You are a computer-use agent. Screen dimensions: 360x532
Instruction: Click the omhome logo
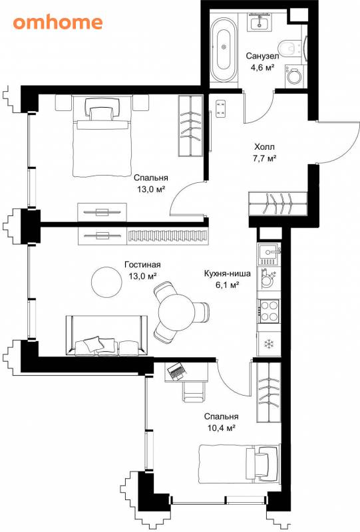58,23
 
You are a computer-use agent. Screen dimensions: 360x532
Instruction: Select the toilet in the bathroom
289,48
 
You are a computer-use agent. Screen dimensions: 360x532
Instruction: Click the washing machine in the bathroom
293,74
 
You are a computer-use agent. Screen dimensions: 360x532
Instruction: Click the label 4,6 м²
262,68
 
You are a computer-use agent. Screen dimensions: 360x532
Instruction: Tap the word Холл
264,147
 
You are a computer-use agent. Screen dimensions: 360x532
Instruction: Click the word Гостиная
142,265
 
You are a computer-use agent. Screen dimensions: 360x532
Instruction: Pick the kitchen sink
269,254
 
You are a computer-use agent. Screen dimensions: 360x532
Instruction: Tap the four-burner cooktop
269,311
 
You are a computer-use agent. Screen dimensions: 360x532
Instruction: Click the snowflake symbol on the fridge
269,344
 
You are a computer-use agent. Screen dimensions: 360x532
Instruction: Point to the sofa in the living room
106,336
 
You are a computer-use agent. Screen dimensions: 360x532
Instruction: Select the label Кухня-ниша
228,273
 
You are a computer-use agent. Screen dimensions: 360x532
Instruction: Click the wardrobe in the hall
277,203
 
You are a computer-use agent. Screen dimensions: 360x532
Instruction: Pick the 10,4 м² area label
222,428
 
